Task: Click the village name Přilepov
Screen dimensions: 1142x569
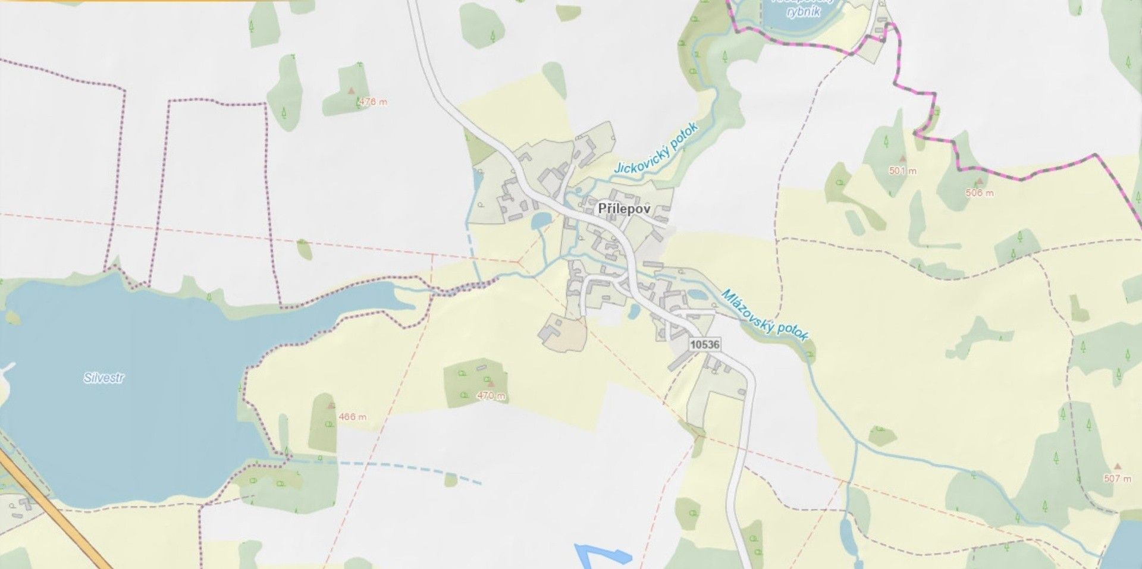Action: click(x=623, y=209)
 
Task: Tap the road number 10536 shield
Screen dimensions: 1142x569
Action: click(x=705, y=344)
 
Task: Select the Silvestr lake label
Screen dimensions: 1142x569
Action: click(x=104, y=378)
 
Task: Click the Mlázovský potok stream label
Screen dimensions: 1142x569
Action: click(x=765, y=315)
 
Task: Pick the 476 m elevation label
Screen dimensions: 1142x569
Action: click(x=373, y=102)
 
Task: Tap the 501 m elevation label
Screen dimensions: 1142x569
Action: click(x=903, y=171)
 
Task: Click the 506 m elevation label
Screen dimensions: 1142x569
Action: click(x=979, y=193)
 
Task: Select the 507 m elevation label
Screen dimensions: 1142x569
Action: click(x=1118, y=478)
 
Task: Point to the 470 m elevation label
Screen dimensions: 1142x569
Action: click(x=491, y=395)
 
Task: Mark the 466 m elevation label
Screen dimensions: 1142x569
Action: click(x=353, y=417)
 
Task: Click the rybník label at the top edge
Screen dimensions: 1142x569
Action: click(x=803, y=11)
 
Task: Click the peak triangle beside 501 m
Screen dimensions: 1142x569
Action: click(x=903, y=159)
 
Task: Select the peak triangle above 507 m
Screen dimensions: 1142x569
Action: click(x=1116, y=467)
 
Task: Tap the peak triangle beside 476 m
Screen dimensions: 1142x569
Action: click(x=351, y=91)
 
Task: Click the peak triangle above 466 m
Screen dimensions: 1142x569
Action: click(x=331, y=405)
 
